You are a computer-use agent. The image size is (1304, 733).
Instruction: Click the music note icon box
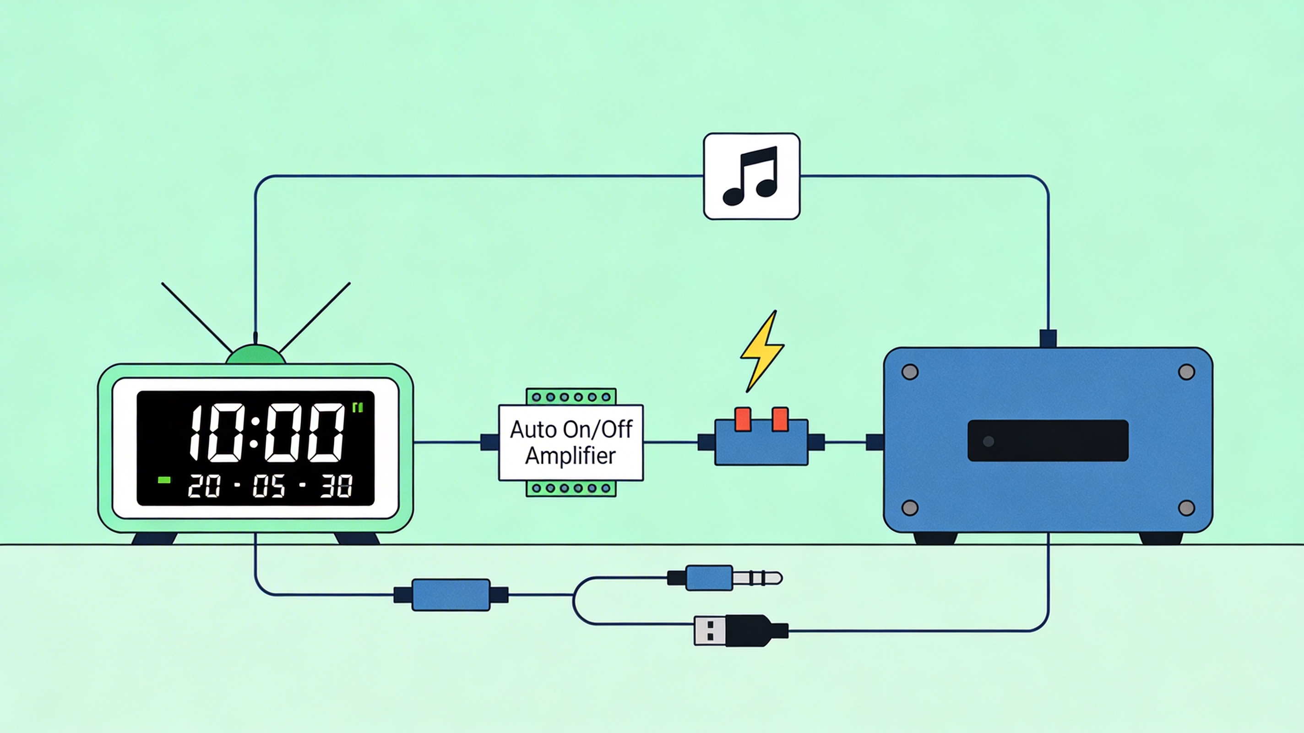[x=752, y=176]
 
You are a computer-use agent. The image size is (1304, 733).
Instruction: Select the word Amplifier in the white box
[x=570, y=455]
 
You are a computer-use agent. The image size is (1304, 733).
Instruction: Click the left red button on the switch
[x=743, y=419]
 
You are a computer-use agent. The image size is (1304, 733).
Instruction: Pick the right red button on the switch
[x=780, y=419]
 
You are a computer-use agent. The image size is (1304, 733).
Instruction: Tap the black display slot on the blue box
[x=1048, y=440]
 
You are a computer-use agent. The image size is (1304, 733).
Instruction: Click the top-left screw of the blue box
[x=910, y=372]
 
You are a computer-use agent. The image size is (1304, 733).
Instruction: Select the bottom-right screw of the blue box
[x=1187, y=508]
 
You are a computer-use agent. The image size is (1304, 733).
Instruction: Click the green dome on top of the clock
[x=255, y=355]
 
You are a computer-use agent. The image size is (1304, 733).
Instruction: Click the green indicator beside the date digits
[x=164, y=480]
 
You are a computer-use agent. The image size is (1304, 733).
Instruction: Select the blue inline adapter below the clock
[x=451, y=595]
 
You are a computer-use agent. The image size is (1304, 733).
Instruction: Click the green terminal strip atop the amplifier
[x=571, y=397]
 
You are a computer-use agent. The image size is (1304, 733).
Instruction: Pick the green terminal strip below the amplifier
[x=571, y=488]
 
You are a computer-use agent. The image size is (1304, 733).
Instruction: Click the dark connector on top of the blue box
[x=1048, y=338]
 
